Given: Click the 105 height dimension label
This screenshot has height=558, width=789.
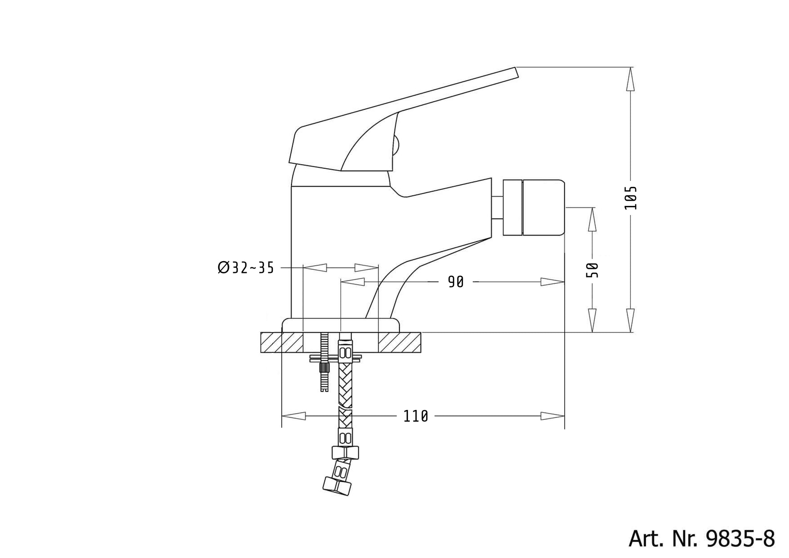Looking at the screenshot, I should (x=630, y=198).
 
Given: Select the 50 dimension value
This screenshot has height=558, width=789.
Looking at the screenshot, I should (x=592, y=270).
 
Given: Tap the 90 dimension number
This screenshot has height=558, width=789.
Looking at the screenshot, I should (x=455, y=282).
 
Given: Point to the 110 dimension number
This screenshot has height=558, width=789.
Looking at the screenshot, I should (x=416, y=416).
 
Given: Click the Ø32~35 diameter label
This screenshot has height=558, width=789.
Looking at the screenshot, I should (x=246, y=268).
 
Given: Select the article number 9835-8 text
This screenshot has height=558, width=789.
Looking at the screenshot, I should (x=701, y=539).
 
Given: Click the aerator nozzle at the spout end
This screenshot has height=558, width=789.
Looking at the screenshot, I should (x=534, y=208).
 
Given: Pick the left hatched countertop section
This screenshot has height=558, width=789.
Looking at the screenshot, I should (x=282, y=342).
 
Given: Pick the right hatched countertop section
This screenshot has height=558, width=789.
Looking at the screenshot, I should (x=399, y=342).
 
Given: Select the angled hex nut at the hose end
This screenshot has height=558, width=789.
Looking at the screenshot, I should (x=337, y=486).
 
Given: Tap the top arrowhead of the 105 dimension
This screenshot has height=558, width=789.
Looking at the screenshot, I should (x=630, y=79).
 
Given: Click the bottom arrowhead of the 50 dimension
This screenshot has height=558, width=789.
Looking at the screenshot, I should (x=592, y=320).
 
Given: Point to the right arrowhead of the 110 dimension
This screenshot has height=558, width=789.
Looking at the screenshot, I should (x=552, y=416).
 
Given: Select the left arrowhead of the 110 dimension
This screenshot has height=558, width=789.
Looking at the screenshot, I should (x=294, y=416).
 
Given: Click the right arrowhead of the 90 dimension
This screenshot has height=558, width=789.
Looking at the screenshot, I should (x=552, y=282).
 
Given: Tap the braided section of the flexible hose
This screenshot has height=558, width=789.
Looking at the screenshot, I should (x=345, y=385).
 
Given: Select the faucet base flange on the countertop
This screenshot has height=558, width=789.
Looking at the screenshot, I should (x=341, y=325).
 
